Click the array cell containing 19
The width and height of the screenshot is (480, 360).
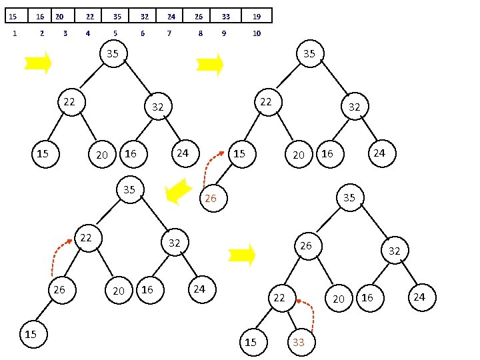click(257, 15)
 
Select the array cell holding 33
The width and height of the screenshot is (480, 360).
click(226, 15)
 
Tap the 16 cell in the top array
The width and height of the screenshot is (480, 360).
click(40, 15)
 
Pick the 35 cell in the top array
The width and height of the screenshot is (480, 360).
click(117, 15)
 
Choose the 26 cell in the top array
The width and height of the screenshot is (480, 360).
click(199, 15)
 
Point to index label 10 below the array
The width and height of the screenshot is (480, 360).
click(257, 33)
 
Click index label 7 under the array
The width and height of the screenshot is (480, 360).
click(169, 33)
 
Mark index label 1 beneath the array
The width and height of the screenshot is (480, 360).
click(15, 33)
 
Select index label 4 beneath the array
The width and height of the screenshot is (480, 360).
click(88, 33)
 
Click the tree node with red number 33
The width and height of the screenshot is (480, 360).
click(299, 343)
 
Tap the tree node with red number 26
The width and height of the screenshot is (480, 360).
click(211, 198)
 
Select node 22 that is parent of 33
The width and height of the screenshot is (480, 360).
click(279, 298)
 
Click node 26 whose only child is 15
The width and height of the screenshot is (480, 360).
click(59, 290)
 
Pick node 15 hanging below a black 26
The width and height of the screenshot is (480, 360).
click(31, 334)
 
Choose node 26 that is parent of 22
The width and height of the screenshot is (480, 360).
click(305, 246)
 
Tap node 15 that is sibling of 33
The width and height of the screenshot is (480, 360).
click(250, 342)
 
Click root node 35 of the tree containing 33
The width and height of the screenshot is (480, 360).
click(349, 197)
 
